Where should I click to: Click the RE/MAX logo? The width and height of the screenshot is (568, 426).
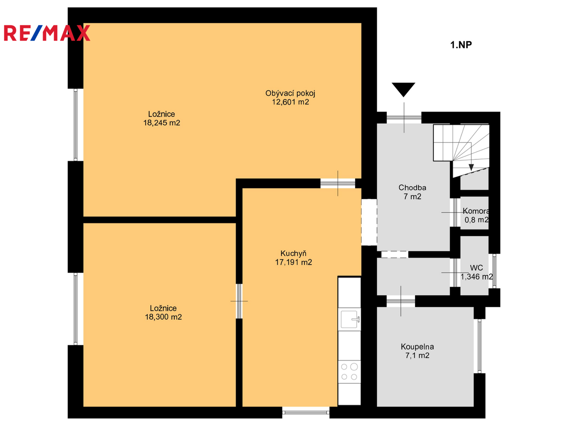[47, 33]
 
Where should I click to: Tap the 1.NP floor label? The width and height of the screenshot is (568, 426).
[461, 45]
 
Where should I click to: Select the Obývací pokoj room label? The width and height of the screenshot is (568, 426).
[290, 93]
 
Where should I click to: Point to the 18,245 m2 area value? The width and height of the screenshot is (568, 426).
[161, 123]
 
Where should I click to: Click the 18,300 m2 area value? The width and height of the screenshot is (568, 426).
[163, 317]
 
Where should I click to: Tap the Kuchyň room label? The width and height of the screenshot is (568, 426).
[293, 254]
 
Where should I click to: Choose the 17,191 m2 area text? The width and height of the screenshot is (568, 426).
[293, 262]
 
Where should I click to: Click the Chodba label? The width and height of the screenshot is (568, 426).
[412, 187]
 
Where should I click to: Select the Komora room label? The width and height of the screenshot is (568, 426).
[476, 211]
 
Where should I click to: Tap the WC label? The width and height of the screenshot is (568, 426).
[476, 268]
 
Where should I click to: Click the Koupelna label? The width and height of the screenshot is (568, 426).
[417, 347]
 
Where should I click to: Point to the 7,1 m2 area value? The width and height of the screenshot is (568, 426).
[417, 355]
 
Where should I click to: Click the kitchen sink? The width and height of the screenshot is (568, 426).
[350, 319]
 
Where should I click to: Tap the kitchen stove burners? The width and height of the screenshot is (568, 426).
[349, 372]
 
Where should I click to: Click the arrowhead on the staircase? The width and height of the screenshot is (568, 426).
[471, 167]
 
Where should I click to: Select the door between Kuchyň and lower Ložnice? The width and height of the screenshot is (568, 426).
[239, 301]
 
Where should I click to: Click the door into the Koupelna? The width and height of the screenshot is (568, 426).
[401, 301]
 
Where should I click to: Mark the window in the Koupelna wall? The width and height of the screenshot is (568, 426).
[479, 346]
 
